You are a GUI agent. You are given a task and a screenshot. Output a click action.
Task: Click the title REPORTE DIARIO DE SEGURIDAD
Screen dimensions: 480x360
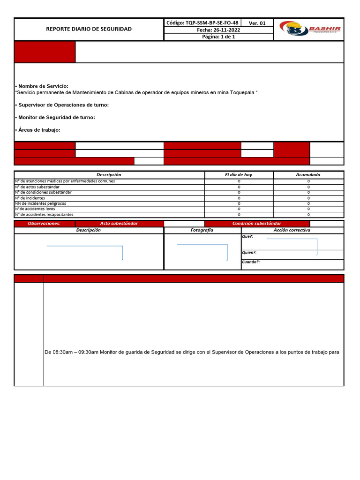(89, 29)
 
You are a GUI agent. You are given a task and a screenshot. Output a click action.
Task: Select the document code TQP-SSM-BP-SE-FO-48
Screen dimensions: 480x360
(202, 22)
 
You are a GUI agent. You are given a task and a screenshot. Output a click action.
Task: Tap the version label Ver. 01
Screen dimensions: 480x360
(257, 23)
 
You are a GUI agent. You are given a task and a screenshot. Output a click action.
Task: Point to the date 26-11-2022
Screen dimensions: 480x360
(218, 30)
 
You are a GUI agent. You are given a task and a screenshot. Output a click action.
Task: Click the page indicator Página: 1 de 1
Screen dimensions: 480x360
(218, 37)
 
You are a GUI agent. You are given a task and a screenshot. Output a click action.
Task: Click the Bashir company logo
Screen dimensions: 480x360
(309, 29)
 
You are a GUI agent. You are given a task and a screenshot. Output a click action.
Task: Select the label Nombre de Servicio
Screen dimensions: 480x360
(43, 86)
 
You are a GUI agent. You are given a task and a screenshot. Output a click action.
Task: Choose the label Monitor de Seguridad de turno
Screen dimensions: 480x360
(56, 117)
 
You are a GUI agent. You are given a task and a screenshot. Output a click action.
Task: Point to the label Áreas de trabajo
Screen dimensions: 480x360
(39, 130)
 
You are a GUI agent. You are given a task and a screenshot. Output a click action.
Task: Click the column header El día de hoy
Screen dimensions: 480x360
(239, 175)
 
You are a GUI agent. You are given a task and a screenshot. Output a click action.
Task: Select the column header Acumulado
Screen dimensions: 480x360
(308, 175)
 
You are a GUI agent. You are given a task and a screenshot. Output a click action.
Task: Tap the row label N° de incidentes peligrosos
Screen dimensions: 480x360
(41, 203)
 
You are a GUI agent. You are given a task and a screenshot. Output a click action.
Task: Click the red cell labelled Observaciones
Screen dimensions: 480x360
(44, 224)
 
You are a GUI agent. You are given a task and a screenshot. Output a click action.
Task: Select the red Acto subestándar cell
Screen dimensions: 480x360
(119, 224)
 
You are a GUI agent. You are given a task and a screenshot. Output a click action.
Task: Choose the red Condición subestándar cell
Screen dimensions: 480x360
(257, 224)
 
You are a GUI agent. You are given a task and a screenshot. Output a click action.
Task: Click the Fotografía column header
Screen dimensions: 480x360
(202, 230)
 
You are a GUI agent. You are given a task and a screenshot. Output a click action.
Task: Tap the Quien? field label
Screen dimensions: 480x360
(249, 253)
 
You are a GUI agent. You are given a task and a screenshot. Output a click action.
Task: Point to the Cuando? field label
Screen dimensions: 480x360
(250, 262)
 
